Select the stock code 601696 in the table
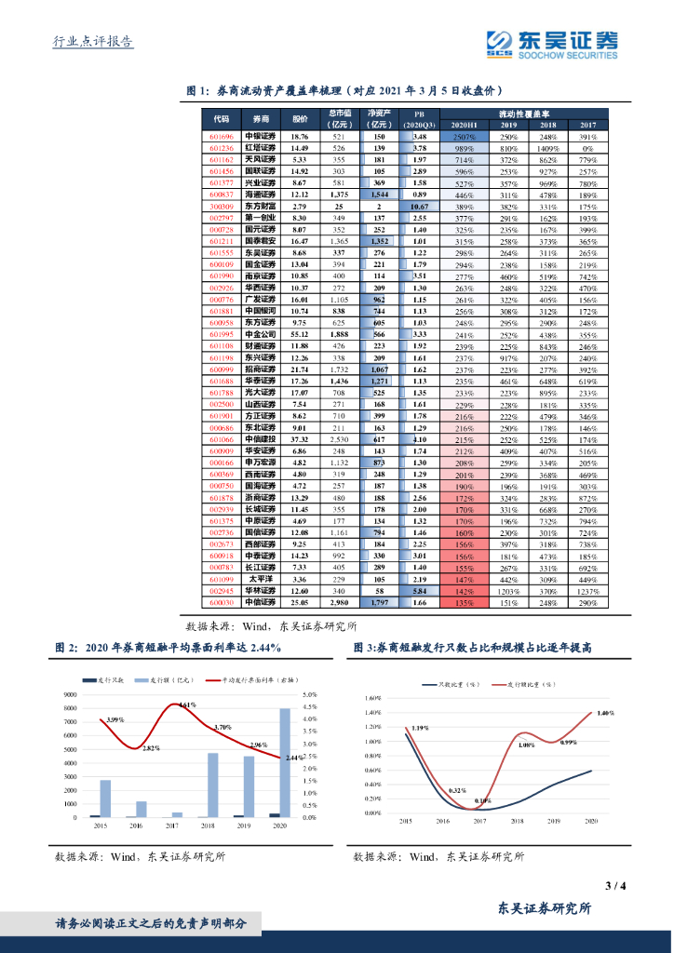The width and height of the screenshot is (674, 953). coord(221,137)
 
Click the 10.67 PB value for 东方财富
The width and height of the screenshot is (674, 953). coord(419,206)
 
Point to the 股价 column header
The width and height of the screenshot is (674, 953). coord(299,119)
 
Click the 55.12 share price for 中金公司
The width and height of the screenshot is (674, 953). coord(300,334)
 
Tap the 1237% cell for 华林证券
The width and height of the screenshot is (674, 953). coord(587,590)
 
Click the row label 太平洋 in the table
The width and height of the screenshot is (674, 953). coord(260,579)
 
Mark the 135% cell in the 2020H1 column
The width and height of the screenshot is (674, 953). coord(465,602)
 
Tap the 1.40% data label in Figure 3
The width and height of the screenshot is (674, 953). coord(606,713)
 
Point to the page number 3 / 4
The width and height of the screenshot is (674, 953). coord(614,885)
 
